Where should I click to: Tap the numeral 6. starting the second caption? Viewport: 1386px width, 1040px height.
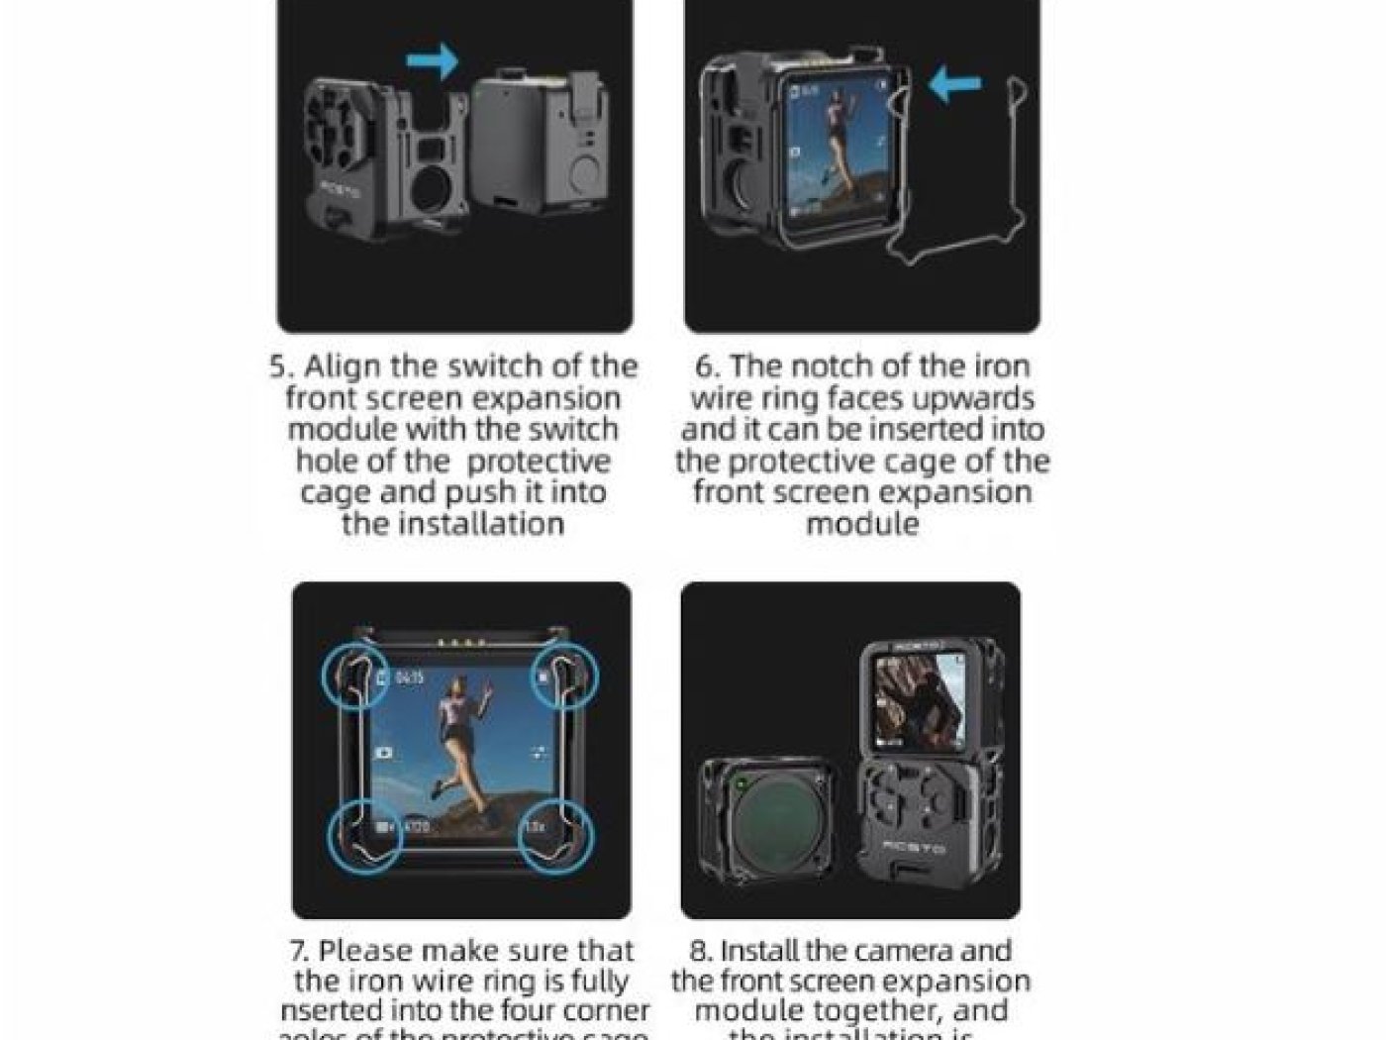tap(707, 366)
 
